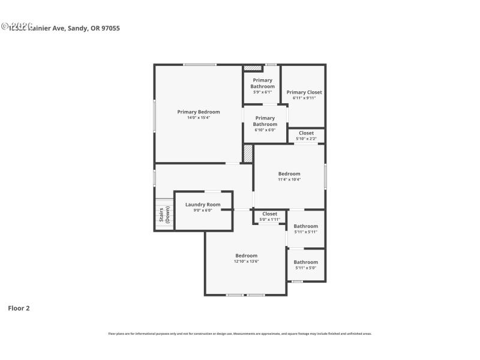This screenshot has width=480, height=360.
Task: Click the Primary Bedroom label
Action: [x=198, y=112]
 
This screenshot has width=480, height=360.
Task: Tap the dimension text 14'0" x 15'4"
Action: [x=198, y=118]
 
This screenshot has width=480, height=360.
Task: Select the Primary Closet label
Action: [x=304, y=92]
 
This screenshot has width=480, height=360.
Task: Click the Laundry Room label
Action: [x=203, y=205]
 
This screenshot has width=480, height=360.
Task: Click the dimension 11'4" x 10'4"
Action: [x=289, y=179]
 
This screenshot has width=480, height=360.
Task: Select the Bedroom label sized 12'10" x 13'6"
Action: [x=246, y=256]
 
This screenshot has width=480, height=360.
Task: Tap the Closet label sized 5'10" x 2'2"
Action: [x=306, y=133]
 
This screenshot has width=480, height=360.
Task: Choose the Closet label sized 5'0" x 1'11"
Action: [x=269, y=214]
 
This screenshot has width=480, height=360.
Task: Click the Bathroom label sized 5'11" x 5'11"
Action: [x=305, y=226]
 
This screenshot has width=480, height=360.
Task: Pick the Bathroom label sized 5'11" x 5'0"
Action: [x=305, y=262]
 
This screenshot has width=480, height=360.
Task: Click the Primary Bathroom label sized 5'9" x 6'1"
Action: [x=262, y=83]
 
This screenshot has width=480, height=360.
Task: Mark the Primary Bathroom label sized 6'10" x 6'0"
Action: [x=265, y=121]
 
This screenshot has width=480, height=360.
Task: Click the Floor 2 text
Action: [x=19, y=308]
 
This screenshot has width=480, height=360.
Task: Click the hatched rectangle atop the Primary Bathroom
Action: [x=253, y=68]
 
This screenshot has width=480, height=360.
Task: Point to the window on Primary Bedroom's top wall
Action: [x=200, y=65]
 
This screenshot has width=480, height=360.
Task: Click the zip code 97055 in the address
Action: [x=110, y=28]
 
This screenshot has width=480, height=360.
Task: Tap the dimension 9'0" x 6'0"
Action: [x=203, y=211]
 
